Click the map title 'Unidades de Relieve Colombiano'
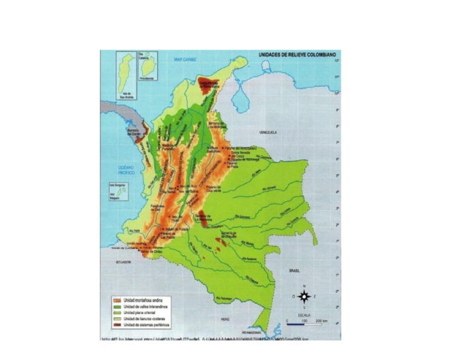coord(297,55)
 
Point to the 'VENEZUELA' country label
coord(266,132)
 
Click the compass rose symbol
coord(305,296)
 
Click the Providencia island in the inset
coord(147,67)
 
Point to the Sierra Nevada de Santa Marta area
coord(205,86)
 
